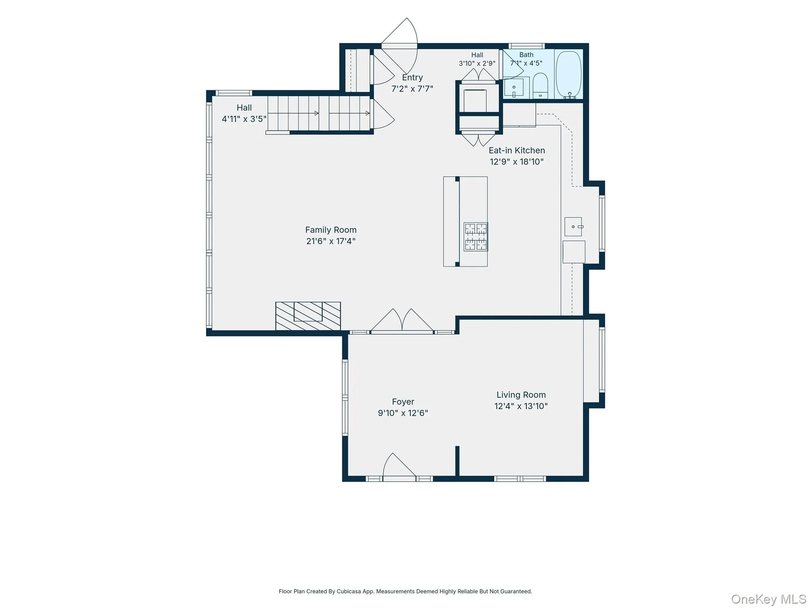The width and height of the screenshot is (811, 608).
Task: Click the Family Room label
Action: [331, 230]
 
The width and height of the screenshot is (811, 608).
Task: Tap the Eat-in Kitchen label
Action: [517, 150]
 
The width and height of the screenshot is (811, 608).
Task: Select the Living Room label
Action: [521, 395]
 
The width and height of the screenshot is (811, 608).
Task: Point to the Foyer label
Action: [403, 402]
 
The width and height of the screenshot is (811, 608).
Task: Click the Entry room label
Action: [412, 78]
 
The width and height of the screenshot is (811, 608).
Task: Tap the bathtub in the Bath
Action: [569, 75]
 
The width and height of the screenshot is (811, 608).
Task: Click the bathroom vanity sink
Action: [514, 87]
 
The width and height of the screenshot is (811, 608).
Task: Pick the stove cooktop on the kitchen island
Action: [476, 237]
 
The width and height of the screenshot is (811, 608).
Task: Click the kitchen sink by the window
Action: [573, 226]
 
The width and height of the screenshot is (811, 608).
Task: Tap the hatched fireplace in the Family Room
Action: [308, 316]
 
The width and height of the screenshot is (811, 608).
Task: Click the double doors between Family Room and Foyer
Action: [402, 321]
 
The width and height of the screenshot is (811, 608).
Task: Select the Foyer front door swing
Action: [399, 467]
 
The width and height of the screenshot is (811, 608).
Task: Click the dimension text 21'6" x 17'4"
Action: [331, 241]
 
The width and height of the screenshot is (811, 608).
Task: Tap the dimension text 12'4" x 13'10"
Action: [521, 406]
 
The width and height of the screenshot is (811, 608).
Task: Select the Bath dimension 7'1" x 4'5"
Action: [526, 63]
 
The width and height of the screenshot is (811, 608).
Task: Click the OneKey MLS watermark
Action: [769, 599]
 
